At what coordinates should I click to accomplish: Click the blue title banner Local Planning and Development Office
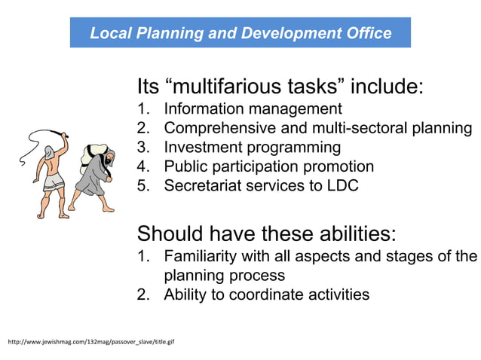tap(240, 33)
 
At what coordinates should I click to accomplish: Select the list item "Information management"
tap(253, 108)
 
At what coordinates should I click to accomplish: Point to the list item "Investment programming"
tap(253, 147)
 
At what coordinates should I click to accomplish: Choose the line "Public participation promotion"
tap(268, 166)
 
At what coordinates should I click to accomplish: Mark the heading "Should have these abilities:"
tap(266, 231)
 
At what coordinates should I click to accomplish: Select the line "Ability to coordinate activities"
tap(266, 294)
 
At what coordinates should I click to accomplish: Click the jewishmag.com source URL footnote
tap(90, 343)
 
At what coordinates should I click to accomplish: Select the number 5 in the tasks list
tap(142, 185)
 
